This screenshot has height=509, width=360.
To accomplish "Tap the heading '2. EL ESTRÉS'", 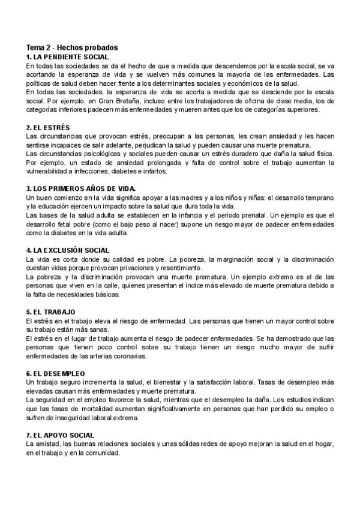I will (49, 128).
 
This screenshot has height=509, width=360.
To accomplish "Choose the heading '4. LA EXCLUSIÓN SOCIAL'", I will (67, 250).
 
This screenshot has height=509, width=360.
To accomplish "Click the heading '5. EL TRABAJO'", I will (50, 312).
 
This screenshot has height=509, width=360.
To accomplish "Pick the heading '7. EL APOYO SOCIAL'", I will (61, 435).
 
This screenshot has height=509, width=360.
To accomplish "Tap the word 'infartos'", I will (155, 172).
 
